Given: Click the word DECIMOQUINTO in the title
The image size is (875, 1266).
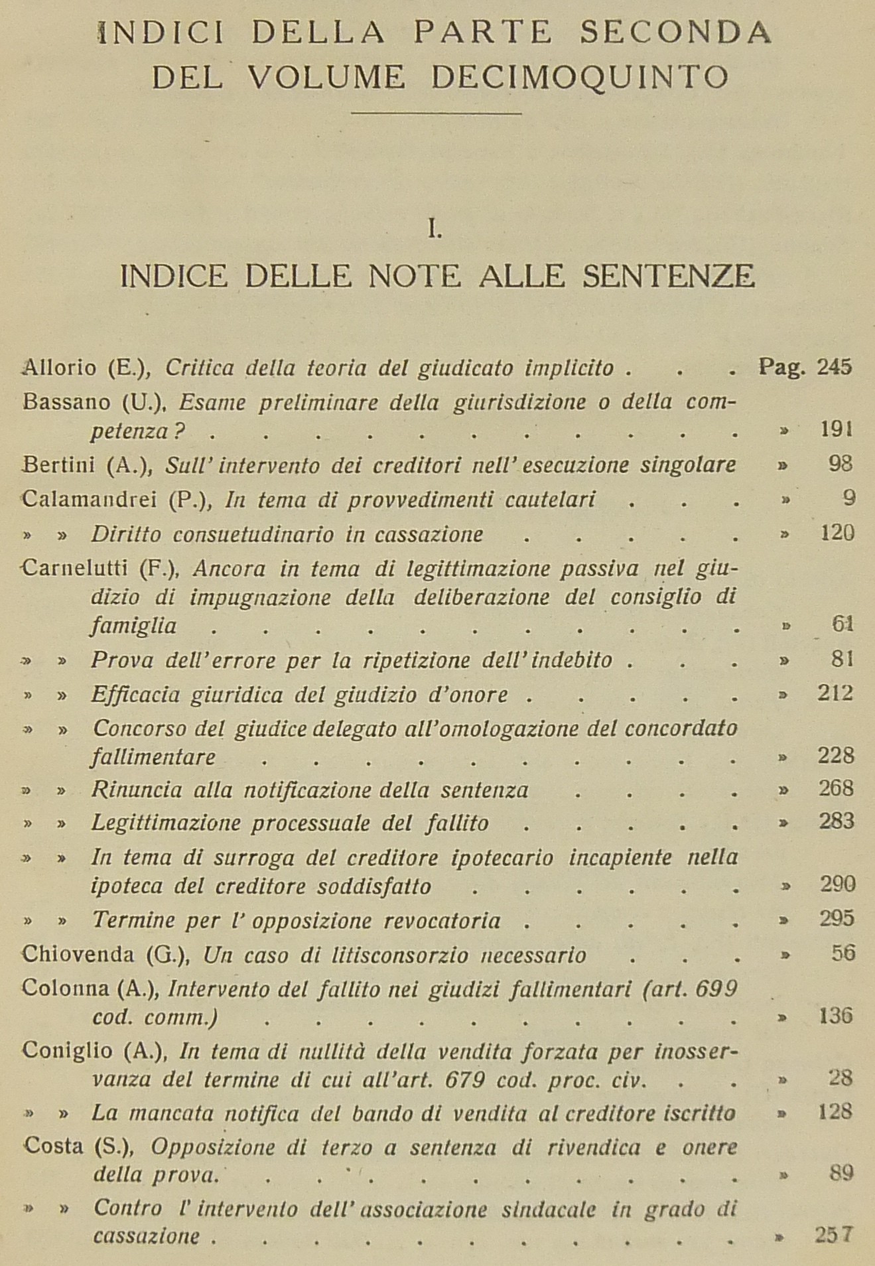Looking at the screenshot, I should pyautogui.click(x=580, y=78).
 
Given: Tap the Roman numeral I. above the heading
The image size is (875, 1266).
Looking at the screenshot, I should pyautogui.click(x=435, y=230).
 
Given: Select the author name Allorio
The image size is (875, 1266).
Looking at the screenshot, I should pyautogui.click(x=60, y=367).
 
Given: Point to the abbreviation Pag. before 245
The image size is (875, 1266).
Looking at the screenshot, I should pyautogui.click(x=782, y=367).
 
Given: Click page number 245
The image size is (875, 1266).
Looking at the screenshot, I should pyautogui.click(x=835, y=367).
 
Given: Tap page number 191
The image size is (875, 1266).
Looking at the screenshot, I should pyautogui.click(x=836, y=429).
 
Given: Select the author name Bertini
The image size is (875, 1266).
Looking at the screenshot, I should pyautogui.click(x=59, y=464).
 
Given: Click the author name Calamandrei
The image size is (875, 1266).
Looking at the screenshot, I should pyautogui.click(x=89, y=499).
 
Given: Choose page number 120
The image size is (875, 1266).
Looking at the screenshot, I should pyautogui.click(x=836, y=533).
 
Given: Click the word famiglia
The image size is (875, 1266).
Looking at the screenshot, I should pyautogui.click(x=133, y=626).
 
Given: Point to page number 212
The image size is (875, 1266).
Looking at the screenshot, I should pyautogui.click(x=836, y=693).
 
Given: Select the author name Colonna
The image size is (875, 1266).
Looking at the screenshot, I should pyautogui.click(x=65, y=989).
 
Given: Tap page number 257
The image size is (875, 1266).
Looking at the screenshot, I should pyautogui.click(x=833, y=1235).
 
